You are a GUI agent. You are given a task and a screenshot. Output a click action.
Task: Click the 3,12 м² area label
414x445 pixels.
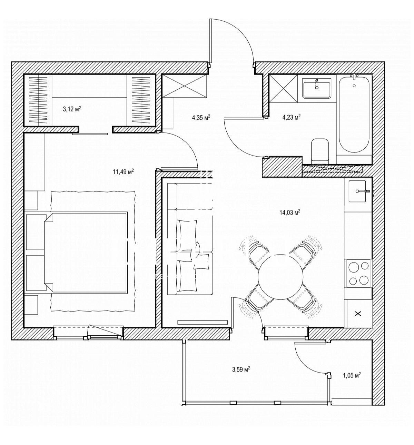click(72, 109)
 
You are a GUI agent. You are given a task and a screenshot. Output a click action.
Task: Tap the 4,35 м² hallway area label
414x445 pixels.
click(201, 117)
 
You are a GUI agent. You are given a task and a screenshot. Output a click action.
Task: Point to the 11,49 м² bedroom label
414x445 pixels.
click(123, 171)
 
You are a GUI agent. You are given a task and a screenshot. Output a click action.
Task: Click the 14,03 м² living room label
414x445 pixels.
click(289, 212)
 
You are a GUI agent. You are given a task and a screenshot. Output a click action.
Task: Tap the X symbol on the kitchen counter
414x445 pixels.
click(358, 314)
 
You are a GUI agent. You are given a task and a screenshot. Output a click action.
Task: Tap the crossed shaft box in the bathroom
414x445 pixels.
click(283, 88)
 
